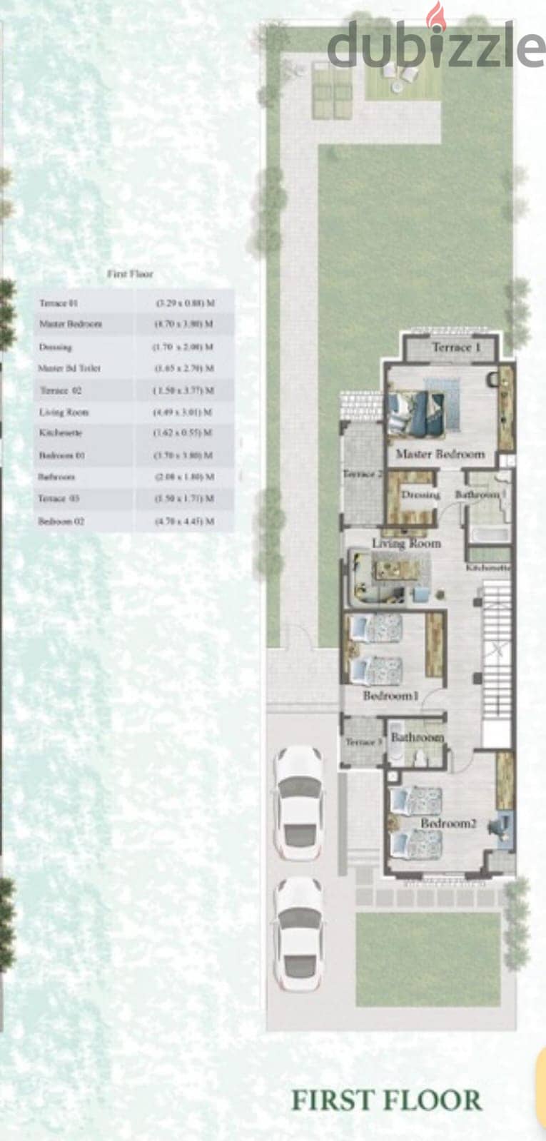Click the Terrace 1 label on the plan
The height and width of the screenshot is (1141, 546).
456,348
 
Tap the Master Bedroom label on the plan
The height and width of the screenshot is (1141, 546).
440,454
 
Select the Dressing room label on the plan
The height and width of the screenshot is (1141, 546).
420,495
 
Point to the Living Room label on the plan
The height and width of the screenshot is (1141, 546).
406,544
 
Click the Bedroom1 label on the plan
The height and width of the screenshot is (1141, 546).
390,695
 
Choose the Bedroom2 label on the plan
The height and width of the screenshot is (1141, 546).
448,823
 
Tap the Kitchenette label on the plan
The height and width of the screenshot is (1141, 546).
489,568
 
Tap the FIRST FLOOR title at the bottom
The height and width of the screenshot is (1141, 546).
386,1100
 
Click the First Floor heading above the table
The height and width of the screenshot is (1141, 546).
130,274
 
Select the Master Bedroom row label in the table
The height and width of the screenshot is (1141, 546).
71,324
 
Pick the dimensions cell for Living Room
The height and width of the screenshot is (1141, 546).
183,412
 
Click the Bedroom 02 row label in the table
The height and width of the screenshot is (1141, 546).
61,521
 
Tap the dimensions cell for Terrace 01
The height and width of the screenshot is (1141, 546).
185,303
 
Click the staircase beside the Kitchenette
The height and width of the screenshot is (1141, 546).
497,649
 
